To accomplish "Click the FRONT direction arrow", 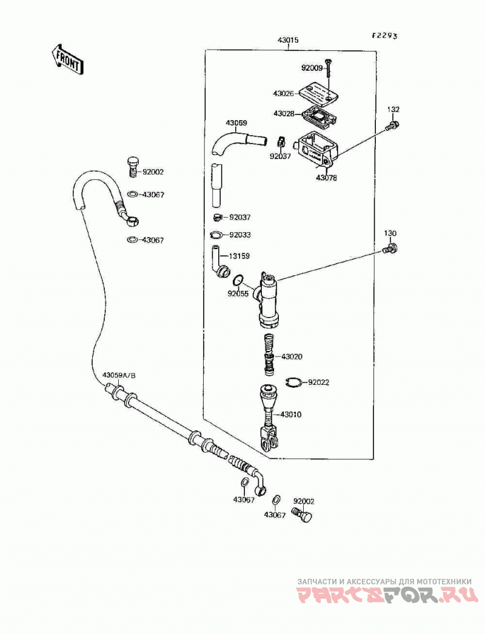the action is tap(67, 59).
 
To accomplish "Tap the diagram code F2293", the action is tap(385, 36).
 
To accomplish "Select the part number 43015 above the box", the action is tap(288, 40).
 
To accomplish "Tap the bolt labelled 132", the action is tap(392, 125).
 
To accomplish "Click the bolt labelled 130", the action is tap(390, 248).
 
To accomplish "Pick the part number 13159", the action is tap(239, 256).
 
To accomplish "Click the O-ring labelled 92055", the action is tap(238, 280).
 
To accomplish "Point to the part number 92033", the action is tap(240, 235).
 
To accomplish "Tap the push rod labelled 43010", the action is tap(268, 418).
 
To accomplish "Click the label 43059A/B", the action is tap(119, 376).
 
